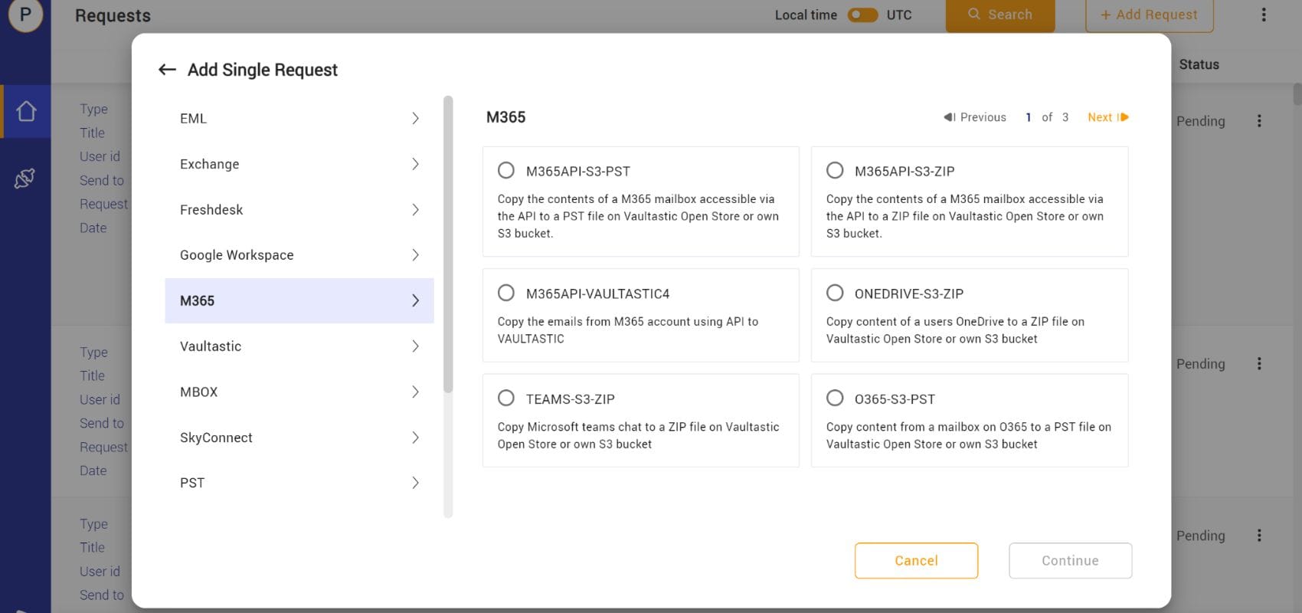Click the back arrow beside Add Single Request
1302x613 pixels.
[167, 70]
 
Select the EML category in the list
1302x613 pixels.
[299, 119]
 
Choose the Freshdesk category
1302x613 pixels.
[299, 209]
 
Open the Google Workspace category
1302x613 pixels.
[299, 254]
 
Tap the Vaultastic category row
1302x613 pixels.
[299, 346]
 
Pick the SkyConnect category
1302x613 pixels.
[299, 438]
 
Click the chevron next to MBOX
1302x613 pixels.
[415, 392]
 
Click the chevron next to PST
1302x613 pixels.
[415, 483]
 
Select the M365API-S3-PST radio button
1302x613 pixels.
[505, 170]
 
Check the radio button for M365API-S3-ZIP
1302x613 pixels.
[835, 170]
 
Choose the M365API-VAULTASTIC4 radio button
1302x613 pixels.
[505, 293]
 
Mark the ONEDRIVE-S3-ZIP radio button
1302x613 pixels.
[835, 293]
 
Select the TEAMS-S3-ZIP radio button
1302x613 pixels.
[505, 398]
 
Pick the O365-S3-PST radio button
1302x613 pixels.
[835, 398]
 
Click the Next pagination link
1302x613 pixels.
[1108, 117]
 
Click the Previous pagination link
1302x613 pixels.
[975, 117]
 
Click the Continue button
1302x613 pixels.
[1070, 561]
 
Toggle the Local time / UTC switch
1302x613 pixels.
[862, 15]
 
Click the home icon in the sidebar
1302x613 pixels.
[25, 111]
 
